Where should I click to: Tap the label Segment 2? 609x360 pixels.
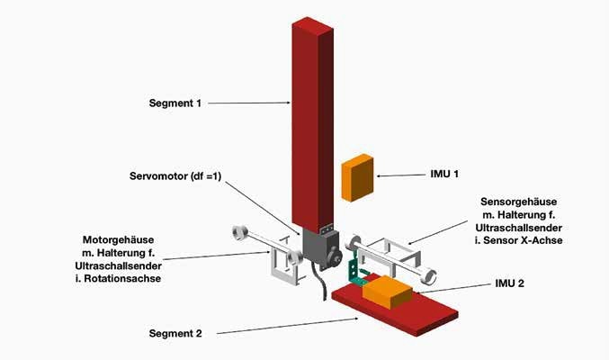click(x=175, y=334)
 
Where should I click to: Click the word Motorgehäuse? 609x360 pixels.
click(x=118, y=240)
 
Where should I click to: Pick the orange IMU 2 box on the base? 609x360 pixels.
click(x=388, y=292)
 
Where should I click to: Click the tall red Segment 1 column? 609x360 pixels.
click(x=312, y=117)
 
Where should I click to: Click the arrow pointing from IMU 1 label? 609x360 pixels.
click(x=396, y=174)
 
